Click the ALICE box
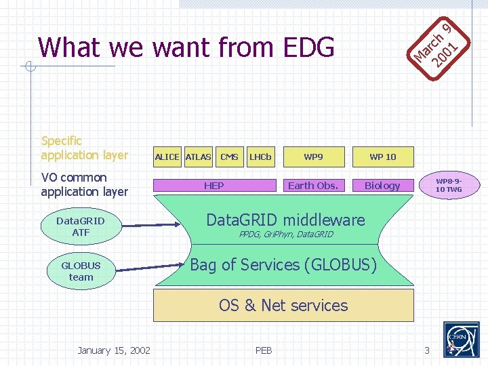coord(167,157)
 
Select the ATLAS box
coord(198,157)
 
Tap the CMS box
coord(229,157)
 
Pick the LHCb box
coord(260,157)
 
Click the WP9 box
coord(313,157)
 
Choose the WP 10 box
coord(382,157)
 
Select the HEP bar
coord(214,186)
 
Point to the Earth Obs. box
coord(313,186)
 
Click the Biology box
coord(382,186)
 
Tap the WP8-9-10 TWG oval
coord(449,186)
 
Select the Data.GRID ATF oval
coord(81,227)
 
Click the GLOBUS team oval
coord(81,271)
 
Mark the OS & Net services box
coord(283,305)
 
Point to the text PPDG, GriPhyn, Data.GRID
coord(286,235)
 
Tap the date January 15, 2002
coord(114,350)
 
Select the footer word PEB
coord(264,350)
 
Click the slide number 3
coord(427,350)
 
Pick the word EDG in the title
coord(304,47)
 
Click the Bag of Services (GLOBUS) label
coord(283,265)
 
